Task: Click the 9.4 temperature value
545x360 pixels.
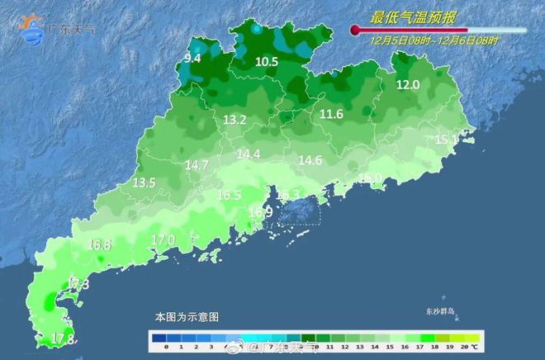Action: click(x=192, y=58)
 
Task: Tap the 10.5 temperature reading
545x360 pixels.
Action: click(x=267, y=62)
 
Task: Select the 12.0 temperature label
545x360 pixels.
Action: click(x=408, y=84)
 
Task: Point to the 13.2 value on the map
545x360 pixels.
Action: click(x=235, y=121)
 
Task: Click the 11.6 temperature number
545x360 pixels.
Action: click(x=331, y=114)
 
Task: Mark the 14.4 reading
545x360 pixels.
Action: click(x=249, y=154)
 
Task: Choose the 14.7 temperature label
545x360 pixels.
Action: click(x=197, y=165)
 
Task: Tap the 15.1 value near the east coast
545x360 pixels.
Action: click(x=446, y=140)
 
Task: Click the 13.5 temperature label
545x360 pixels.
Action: click(x=144, y=182)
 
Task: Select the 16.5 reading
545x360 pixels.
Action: click(x=229, y=196)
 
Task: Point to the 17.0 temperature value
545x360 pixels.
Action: click(x=163, y=239)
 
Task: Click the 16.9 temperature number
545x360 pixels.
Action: click(x=260, y=212)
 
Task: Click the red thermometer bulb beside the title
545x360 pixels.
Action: click(x=356, y=31)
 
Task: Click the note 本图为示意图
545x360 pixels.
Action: click(x=187, y=317)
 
